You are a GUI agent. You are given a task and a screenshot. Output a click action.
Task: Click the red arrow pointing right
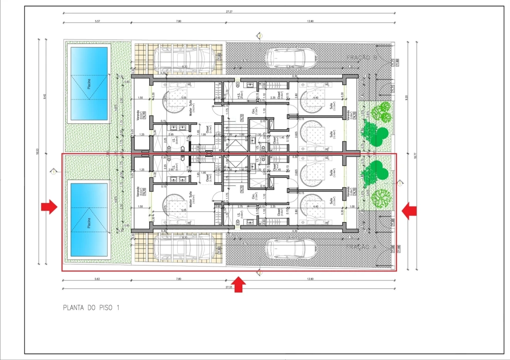[x=49, y=207]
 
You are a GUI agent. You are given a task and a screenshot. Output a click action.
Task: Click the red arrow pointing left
[x=409, y=211]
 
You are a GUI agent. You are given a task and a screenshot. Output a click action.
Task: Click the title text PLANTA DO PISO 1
[x=91, y=307]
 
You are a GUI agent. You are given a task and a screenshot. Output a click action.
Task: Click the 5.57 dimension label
[x=97, y=21]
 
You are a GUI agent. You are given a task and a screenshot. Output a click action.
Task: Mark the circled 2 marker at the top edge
[x=259, y=35]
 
